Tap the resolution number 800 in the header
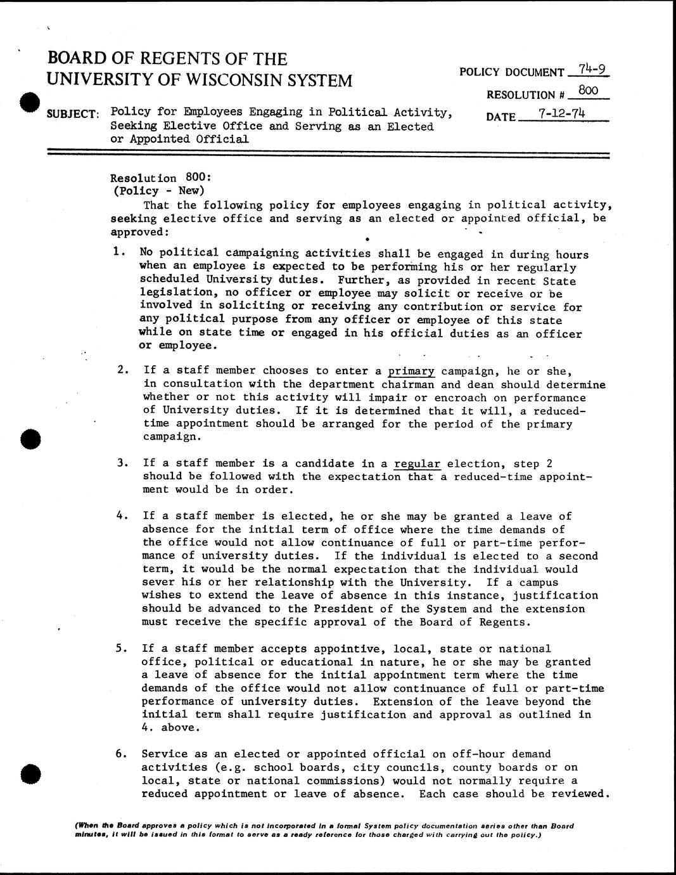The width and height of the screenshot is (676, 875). pos(589,91)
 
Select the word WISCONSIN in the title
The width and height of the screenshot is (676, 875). pos(236,81)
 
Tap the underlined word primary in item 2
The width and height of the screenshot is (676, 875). pos(411,371)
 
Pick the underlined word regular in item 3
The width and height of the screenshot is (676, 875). pos(417,463)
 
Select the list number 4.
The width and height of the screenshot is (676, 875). pos(120,515)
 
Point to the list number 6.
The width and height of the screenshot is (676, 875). pos(120,754)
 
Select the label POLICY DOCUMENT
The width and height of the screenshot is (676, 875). pos(512,73)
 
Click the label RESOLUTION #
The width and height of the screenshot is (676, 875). pos(525,95)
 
